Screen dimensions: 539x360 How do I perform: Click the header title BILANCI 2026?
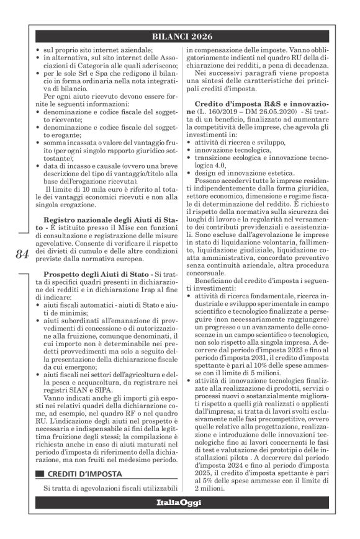point(180,37)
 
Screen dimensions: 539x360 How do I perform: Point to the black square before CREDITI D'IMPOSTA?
point(39,474)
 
